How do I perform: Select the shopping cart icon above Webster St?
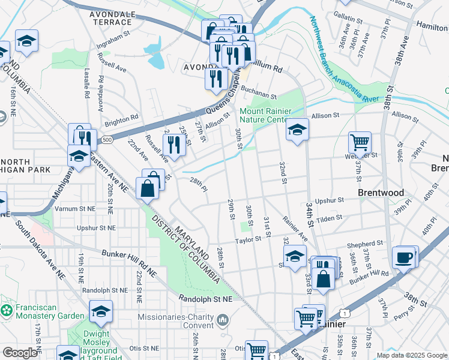(360, 143)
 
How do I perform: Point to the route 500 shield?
(107, 140)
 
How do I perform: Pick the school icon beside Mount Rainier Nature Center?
(297, 129)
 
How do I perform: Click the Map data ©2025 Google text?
(411, 355)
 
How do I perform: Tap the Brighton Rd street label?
(121, 121)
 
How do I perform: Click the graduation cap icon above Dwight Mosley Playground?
(101, 311)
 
